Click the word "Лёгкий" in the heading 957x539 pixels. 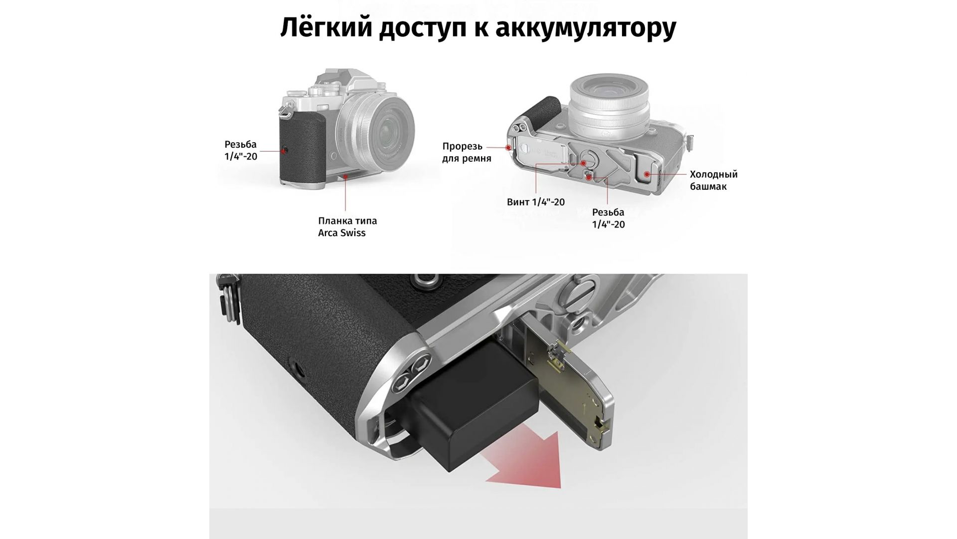[326, 27]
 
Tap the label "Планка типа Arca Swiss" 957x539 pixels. [347, 227]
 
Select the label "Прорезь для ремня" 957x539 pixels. [467, 152]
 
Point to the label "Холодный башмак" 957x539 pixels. [713, 180]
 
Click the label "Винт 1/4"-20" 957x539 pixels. [535, 202]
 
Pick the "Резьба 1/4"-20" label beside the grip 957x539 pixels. [241, 150]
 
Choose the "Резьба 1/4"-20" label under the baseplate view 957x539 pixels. [608, 218]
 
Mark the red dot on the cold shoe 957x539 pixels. [647, 174]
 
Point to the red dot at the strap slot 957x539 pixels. [508, 147]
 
